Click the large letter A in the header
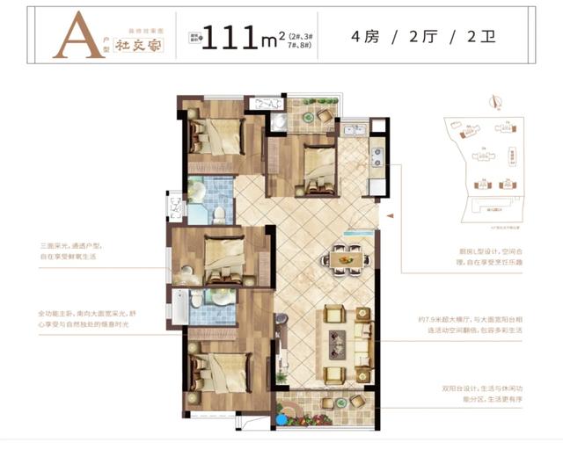74,38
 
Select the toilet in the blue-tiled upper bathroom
218,211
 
